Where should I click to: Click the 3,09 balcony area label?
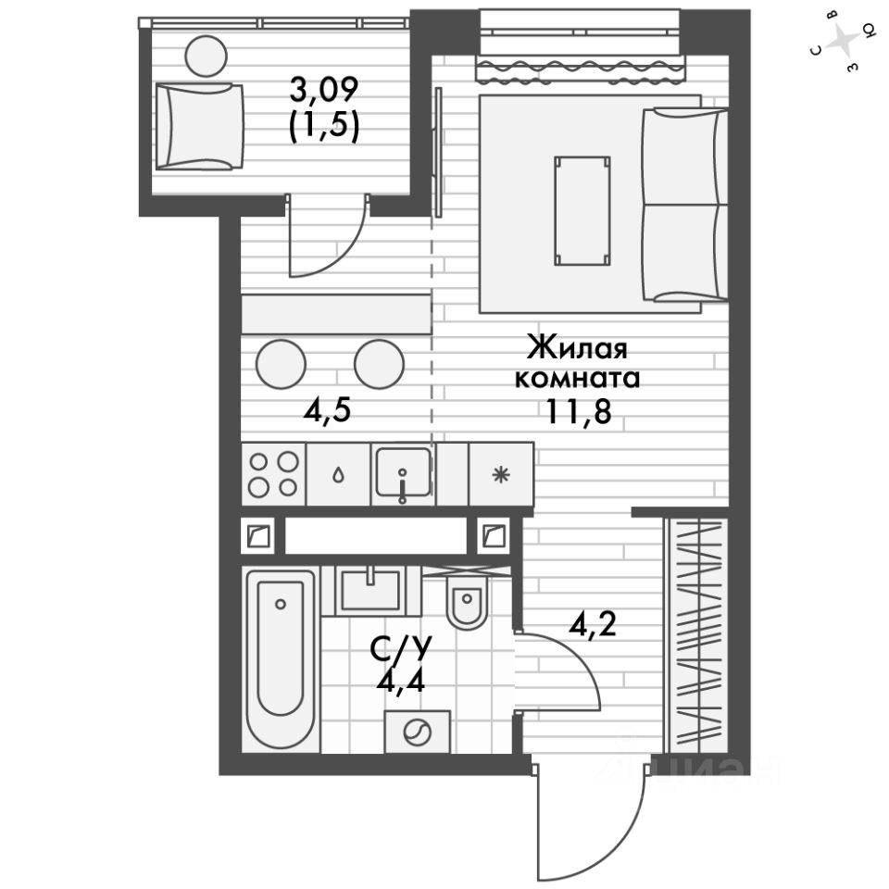point(324,90)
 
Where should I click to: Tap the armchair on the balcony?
point(199,127)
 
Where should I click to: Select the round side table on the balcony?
point(206,56)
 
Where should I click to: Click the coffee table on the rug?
point(582,210)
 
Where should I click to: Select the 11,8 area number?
point(578,411)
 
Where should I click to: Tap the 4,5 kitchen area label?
point(327,409)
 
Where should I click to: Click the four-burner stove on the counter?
point(274,474)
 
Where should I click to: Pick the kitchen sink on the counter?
point(403,474)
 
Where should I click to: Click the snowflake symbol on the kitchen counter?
point(500,474)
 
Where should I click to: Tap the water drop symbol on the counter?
point(339,474)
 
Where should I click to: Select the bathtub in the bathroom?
point(281,659)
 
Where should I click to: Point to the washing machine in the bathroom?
point(418,732)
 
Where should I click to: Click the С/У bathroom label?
point(401,649)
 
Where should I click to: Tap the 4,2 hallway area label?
point(593,625)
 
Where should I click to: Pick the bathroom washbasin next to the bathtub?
point(370,590)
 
